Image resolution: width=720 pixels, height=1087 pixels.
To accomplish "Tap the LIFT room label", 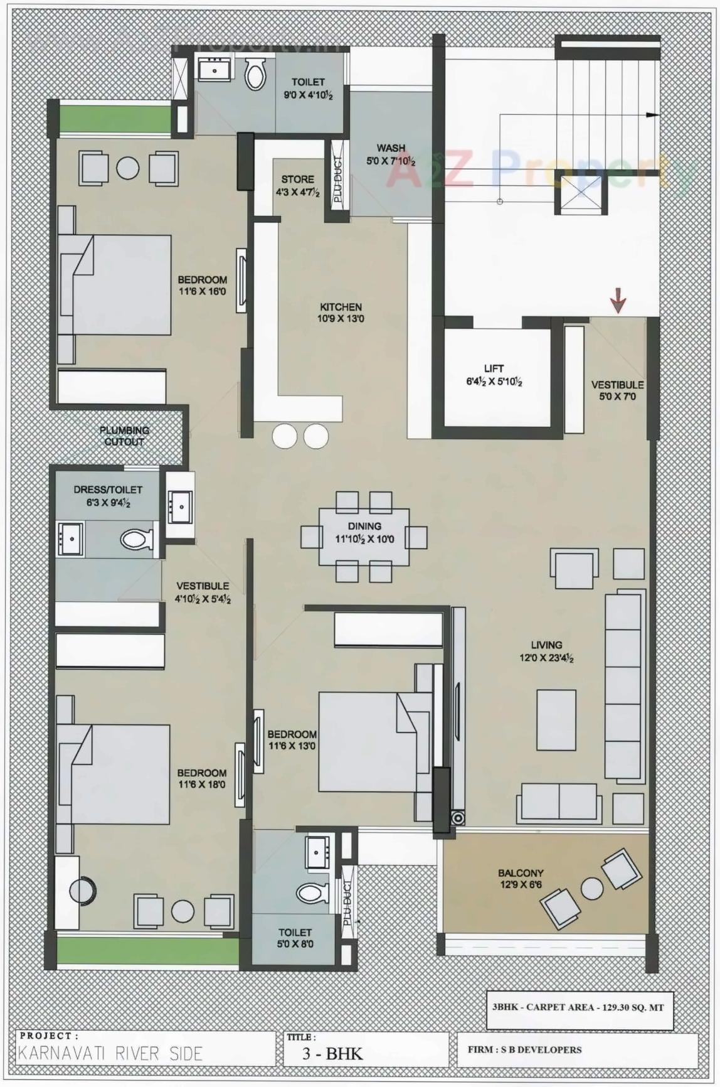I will pos(494,375).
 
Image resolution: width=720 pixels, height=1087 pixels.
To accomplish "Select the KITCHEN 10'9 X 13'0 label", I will pos(341,313).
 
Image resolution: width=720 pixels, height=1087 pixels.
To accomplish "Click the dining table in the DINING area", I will pos(364,537).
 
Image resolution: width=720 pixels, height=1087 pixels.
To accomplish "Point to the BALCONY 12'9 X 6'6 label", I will pos(521,879).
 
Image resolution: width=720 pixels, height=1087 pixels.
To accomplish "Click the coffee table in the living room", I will pos(556,720).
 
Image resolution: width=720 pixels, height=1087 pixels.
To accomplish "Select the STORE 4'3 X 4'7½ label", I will pos(297,186).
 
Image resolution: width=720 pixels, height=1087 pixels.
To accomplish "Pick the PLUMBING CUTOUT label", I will pos(124,436).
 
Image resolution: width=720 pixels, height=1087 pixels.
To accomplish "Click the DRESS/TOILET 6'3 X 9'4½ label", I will pos(108,496).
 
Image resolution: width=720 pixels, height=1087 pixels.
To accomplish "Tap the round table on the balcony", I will pos(591,889).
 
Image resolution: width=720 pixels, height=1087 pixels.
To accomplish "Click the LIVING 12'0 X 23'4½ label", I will pos(546,651).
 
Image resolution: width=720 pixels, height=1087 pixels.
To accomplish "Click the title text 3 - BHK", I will pos(332,1052).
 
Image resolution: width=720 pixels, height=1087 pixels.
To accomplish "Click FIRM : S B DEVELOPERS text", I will pos(524,1049).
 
